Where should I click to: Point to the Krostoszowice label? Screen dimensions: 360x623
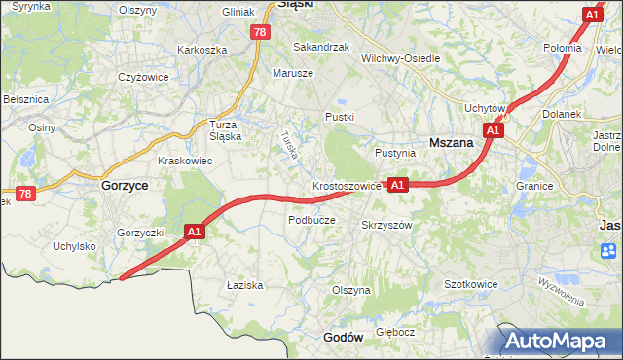[x=347, y=184]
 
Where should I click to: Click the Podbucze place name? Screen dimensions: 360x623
[x=311, y=220]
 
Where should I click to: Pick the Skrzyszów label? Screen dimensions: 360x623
[x=387, y=224]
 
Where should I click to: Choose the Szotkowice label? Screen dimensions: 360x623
[x=471, y=284]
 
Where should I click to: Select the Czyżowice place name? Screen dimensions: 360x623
[x=144, y=77]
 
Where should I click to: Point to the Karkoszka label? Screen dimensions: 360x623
[x=202, y=49]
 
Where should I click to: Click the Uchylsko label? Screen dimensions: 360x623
[x=75, y=246]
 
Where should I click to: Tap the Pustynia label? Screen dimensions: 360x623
[x=395, y=153]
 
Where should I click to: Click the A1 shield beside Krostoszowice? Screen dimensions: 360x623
[x=397, y=184]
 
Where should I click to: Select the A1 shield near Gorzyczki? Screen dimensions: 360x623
[x=194, y=232]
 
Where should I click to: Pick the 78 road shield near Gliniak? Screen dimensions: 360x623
[x=258, y=32]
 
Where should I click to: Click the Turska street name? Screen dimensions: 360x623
[x=289, y=146]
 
